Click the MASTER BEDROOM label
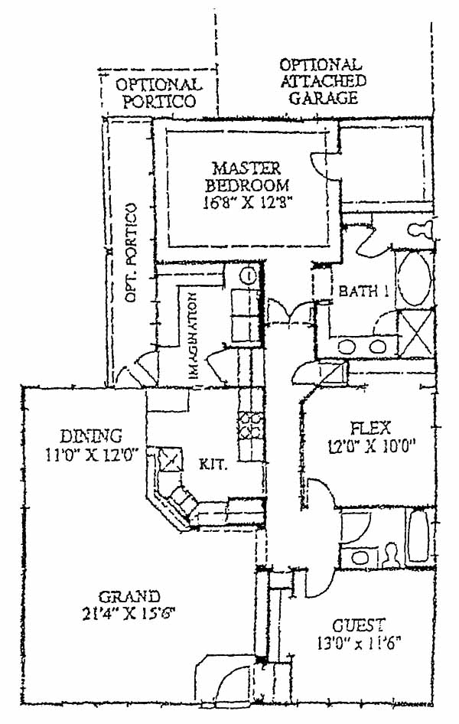(x=247, y=177)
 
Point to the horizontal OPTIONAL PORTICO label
(x=159, y=92)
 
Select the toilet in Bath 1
(x=418, y=229)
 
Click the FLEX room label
(x=370, y=427)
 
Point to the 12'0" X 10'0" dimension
(x=370, y=445)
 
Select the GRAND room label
(x=129, y=596)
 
